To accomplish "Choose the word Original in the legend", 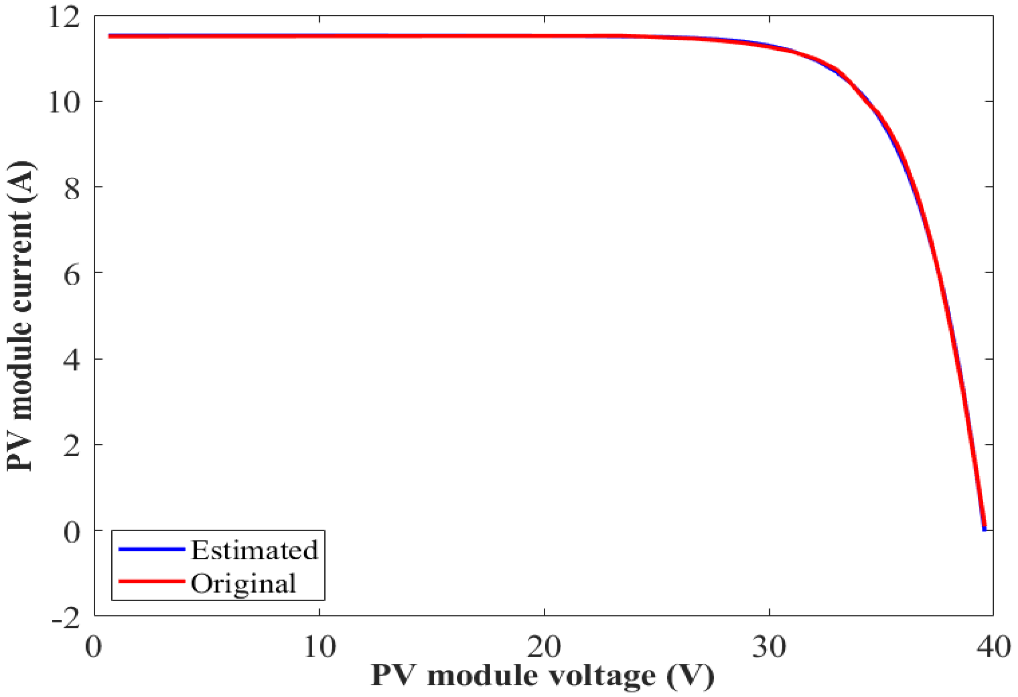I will click(x=244, y=583).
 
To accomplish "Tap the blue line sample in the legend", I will click(x=151, y=549).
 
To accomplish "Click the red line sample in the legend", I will click(x=151, y=582).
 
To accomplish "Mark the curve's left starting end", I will click(x=110, y=36).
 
